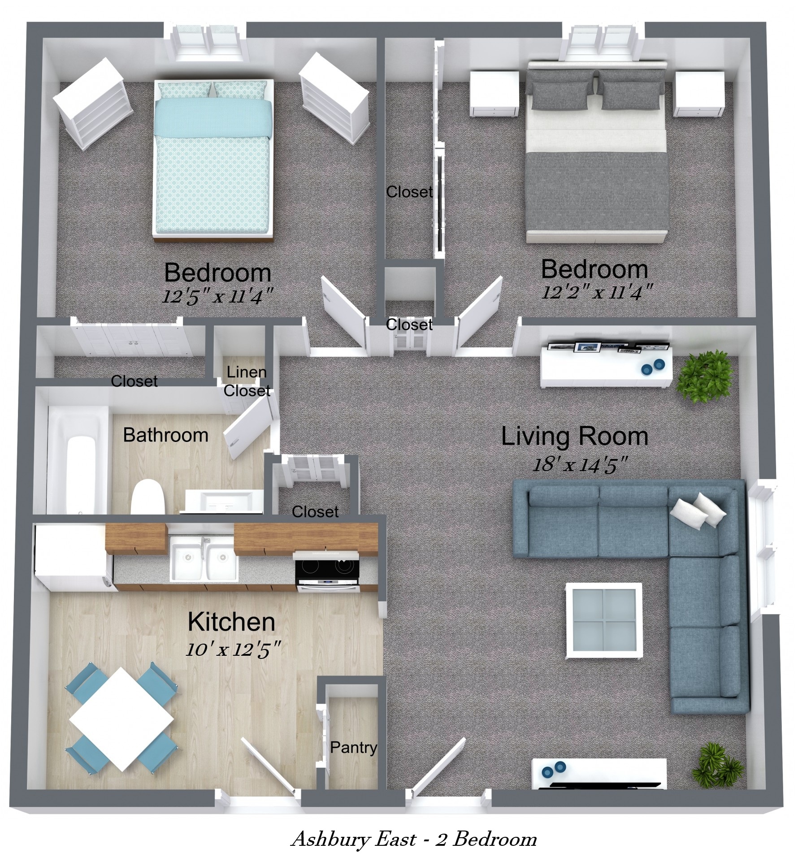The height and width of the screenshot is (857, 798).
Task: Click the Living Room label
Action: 574,437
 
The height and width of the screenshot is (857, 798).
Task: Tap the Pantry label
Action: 353,747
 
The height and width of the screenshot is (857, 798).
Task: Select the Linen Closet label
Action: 247,381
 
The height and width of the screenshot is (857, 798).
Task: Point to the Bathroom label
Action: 165,435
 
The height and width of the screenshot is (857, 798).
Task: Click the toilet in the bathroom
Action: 148,497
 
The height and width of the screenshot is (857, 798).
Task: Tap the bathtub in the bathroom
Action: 77,460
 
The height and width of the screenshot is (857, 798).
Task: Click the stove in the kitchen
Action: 327,572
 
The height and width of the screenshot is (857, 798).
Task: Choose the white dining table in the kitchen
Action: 121,719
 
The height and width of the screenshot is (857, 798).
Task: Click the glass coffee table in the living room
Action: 603,620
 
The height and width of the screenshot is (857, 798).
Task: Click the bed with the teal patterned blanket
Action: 213,160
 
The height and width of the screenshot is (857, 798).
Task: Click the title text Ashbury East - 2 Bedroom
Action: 414,839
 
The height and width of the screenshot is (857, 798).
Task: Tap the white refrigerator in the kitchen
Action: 72,558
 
